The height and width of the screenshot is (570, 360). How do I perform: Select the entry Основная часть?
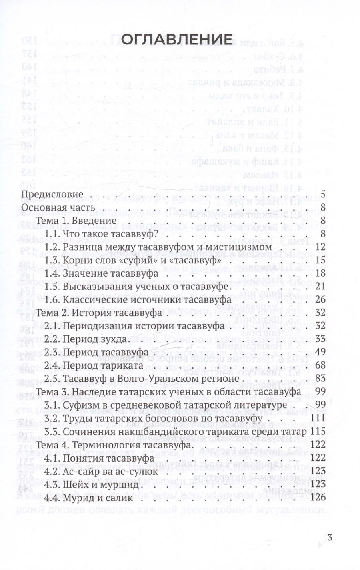(x=58, y=208)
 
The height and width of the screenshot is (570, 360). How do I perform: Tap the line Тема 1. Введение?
(x=76, y=221)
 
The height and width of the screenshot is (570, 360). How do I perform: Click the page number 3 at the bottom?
(x=330, y=538)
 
